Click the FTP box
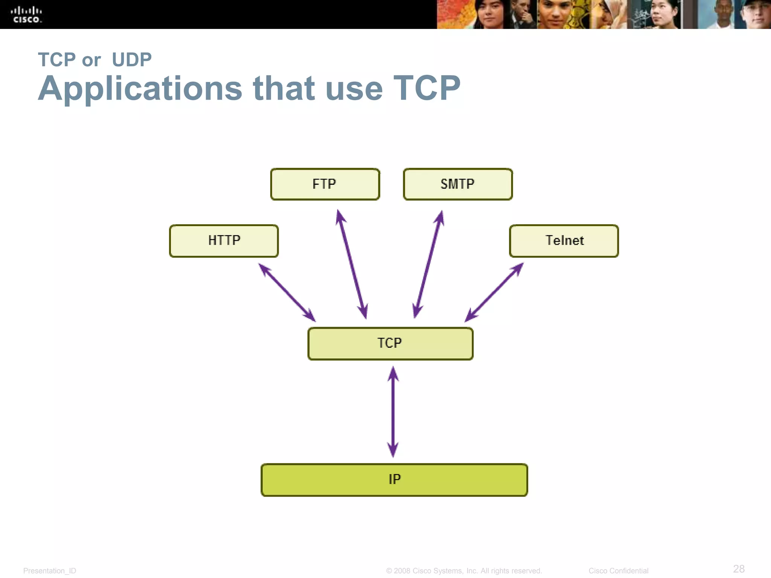325,184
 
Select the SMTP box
457,184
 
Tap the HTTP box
224,241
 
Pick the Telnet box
564,241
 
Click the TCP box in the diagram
390,344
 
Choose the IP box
394,480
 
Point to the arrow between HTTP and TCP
287,292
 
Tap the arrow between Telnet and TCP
494,292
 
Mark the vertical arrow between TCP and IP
393,412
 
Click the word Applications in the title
140,89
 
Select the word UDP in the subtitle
132,60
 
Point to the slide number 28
739,569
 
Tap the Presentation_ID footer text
50,571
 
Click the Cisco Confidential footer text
618,571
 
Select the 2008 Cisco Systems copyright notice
464,571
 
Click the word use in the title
354,89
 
